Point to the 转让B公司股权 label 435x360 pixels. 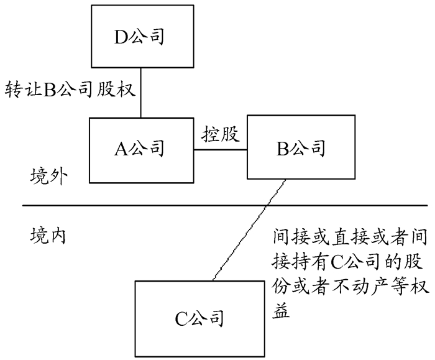tap(69, 89)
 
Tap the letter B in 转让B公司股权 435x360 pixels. tap(48, 89)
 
